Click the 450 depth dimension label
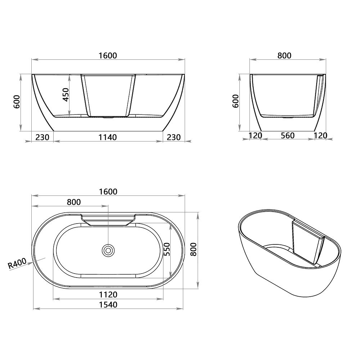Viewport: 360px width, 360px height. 66,94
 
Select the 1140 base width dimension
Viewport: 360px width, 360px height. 108,137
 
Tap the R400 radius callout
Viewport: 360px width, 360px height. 17,264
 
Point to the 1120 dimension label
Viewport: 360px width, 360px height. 108,295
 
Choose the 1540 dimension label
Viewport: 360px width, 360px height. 108,305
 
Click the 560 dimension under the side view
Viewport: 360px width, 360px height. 288,135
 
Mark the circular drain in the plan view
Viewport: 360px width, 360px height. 108,250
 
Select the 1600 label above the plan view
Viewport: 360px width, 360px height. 108,192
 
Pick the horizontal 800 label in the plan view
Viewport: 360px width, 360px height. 74,202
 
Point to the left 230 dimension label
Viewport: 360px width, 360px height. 42,137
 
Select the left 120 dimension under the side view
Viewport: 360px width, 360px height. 255,135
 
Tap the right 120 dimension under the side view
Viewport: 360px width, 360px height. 320,135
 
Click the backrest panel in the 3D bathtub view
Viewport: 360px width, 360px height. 308,242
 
